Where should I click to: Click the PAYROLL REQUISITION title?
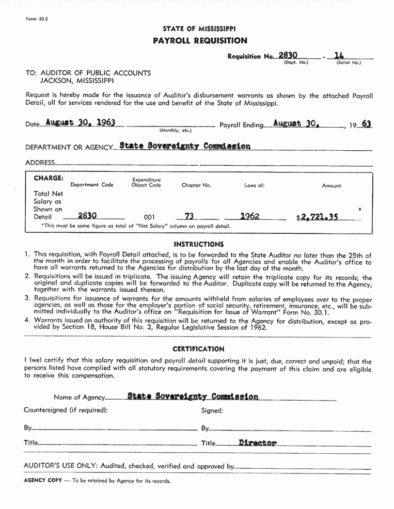(x=200, y=41)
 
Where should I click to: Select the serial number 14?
(x=339, y=55)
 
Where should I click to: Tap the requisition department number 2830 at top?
(x=288, y=55)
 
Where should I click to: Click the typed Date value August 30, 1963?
(x=80, y=122)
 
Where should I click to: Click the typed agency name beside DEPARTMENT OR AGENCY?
(x=185, y=146)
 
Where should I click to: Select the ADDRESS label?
(x=40, y=163)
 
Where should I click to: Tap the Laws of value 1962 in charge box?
(x=249, y=216)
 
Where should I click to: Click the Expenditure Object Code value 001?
(x=149, y=217)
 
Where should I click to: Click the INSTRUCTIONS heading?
(x=199, y=244)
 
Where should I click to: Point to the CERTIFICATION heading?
(x=198, y=349)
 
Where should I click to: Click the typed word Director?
(x=258, y=442)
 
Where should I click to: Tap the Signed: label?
(x=212, y=411)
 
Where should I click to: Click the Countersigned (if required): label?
(x=66, y=410)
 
